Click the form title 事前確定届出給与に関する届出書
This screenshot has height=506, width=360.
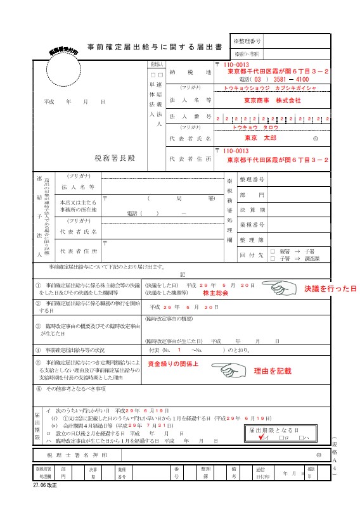point(154,46)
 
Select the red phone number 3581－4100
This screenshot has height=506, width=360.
point(292,80)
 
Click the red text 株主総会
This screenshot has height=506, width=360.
point(215,294)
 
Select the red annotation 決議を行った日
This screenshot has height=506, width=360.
point(330,289)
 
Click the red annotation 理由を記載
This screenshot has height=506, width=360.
point(273,370)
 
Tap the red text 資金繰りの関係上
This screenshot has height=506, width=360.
point(173,365)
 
